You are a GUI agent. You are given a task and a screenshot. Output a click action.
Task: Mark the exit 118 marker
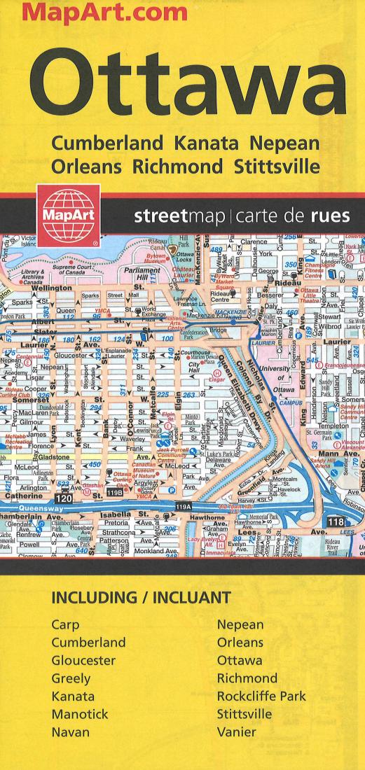point(335,521)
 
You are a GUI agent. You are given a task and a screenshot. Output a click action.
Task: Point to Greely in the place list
point(71,678)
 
